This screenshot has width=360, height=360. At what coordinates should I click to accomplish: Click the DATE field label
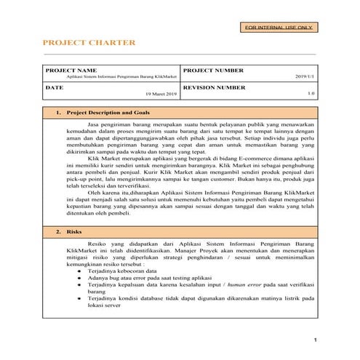[x=55, y=87]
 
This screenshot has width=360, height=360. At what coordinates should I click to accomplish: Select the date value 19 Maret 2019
[x=161, y=94]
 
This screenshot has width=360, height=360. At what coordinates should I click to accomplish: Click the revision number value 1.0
[x=311, y=94]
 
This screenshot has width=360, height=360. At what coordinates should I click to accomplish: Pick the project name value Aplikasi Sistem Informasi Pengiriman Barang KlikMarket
[x=121, y=76]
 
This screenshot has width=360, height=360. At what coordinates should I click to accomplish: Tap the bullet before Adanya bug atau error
[x=79, y=277]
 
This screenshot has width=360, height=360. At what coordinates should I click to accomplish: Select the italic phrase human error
[x=248, y=284]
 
